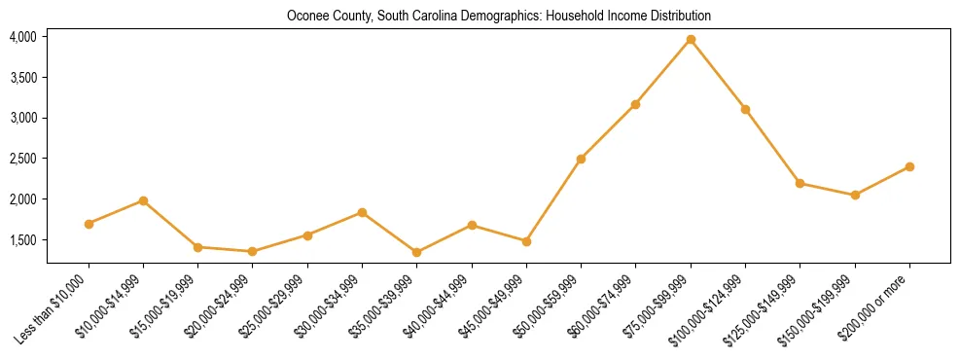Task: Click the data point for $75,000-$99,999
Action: (691, 39)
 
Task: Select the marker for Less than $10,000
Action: (89, 224)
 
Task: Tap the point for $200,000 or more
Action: (909, 166)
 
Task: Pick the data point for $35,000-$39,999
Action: (417, 252)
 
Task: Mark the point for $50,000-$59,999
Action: (581, 159)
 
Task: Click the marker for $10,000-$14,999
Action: (143, 200)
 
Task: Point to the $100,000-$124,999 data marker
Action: (745, 109)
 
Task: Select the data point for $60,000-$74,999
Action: (635, 104)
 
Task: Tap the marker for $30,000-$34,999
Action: (362, 212)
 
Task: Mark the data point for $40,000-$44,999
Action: (472, 225)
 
